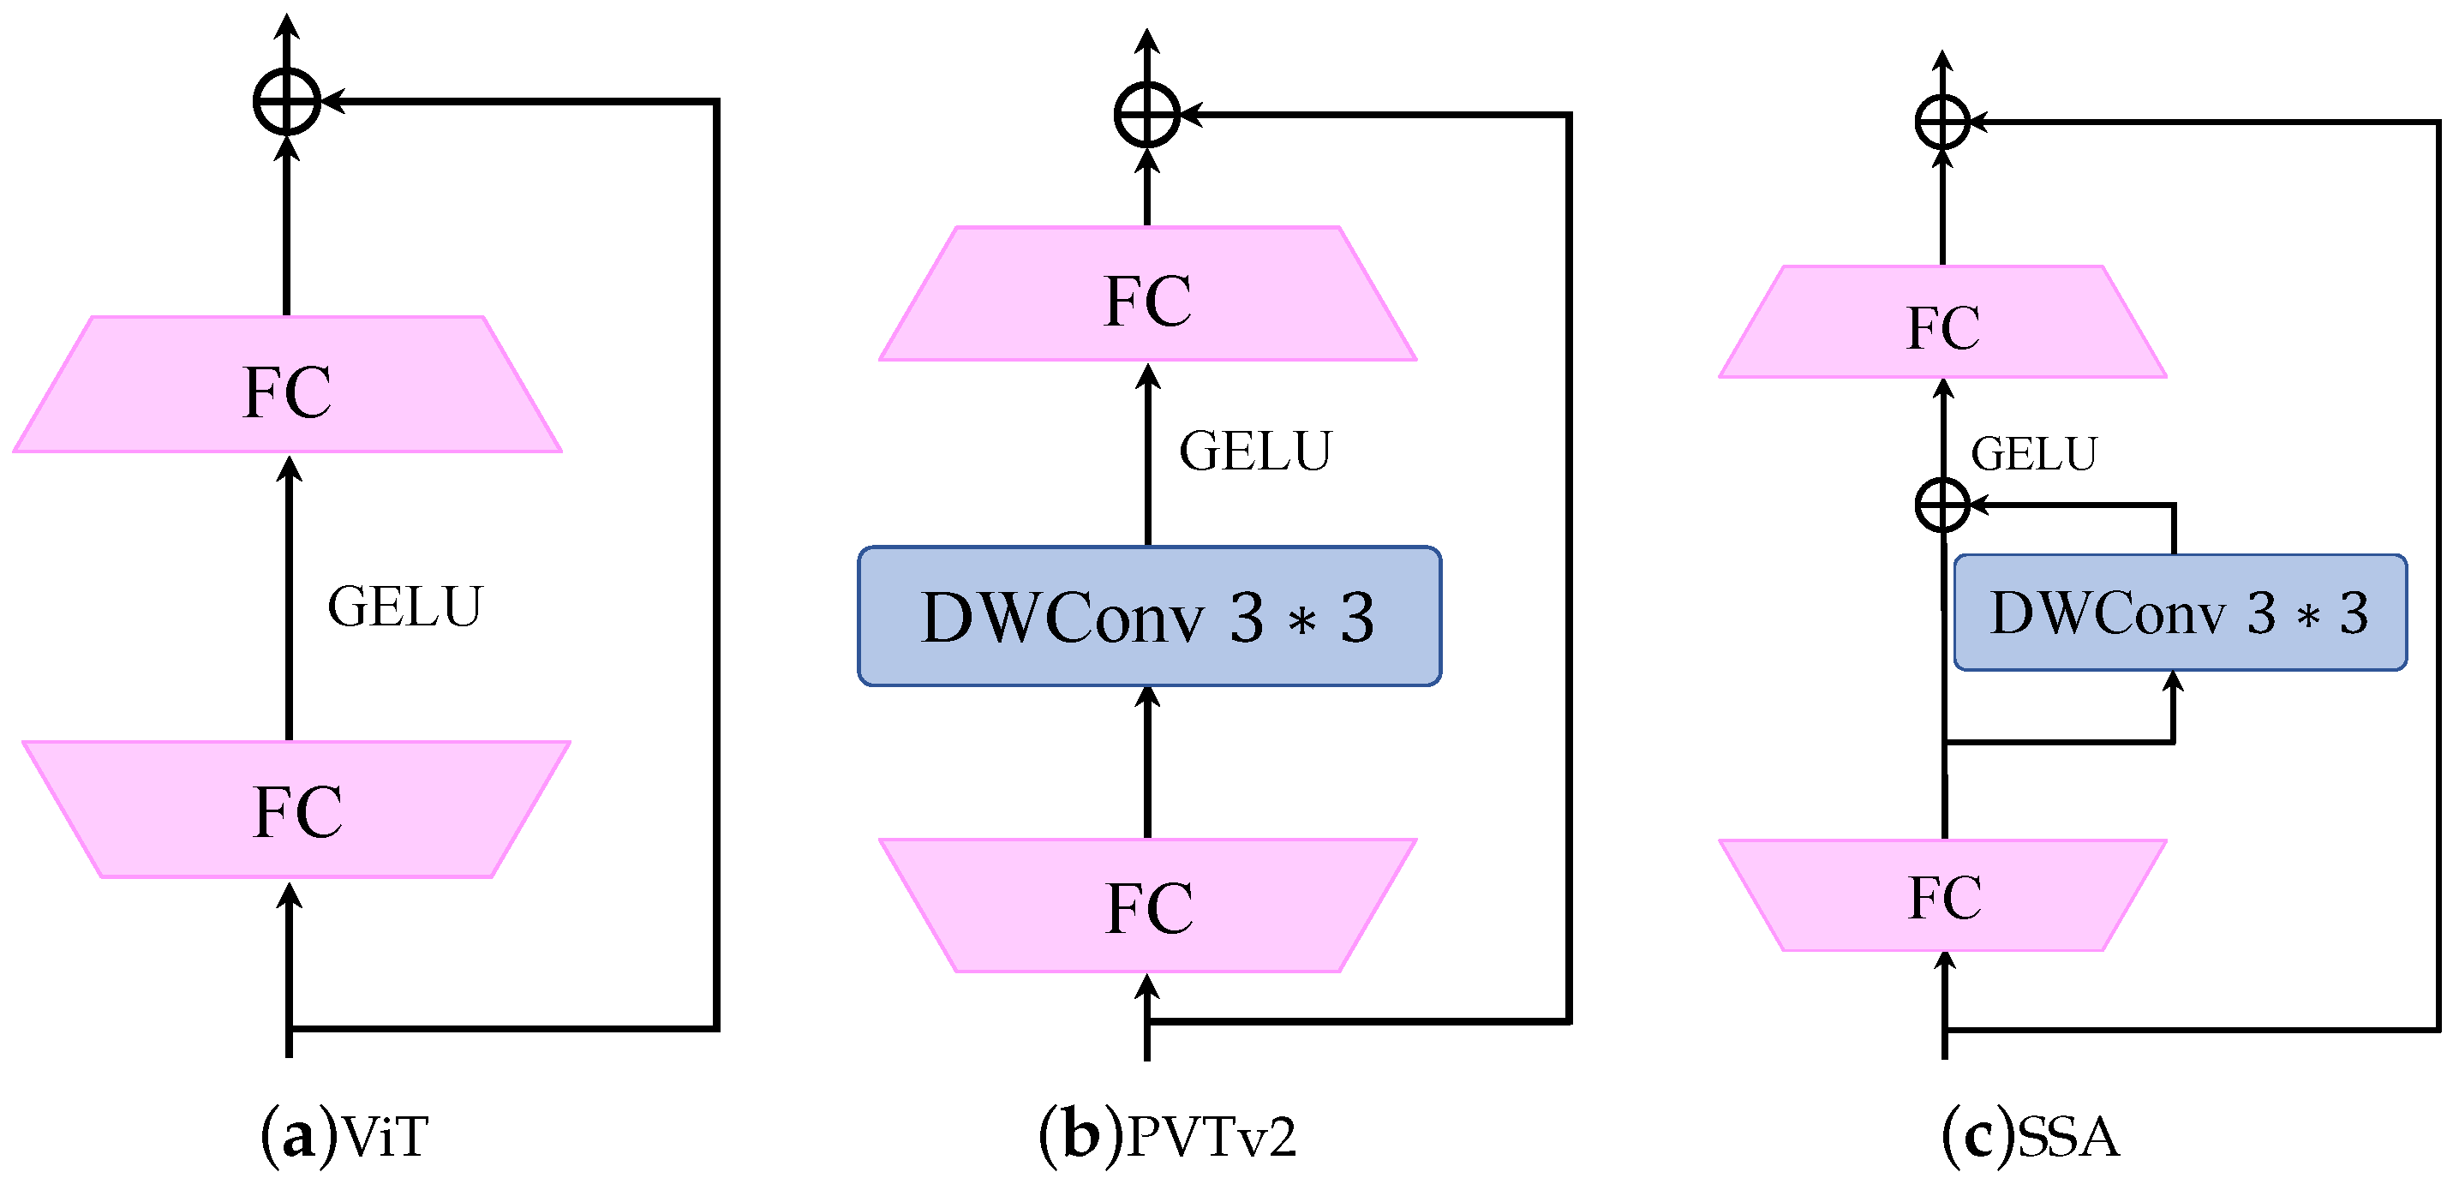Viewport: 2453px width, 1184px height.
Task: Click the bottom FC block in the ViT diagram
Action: pyautogui.click(x=296, y=810)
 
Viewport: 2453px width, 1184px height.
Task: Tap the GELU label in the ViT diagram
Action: pyautogui.click(x=405, y=607)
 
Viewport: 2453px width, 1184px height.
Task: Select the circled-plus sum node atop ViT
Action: pyautogui.click(x=287, y=101)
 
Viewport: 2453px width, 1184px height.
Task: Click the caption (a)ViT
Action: pyautogui.click(x=344, y=1135)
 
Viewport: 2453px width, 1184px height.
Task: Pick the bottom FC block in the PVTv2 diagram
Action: pyautogui.click(x=1147, y=906)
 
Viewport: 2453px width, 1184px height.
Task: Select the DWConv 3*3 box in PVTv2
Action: pyautogui.click(x=1148, y=616)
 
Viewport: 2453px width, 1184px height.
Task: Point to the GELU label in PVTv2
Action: pyautogui.click(x=1255, y=451)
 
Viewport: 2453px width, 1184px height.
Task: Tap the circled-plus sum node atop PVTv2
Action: pyautogui.click(x=1147, y=114)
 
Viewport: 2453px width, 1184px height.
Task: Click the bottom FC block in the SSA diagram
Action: pyautogui.click(x=1943, y=896)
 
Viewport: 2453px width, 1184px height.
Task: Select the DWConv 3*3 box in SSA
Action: pyautogui.click(x=2180, y=613)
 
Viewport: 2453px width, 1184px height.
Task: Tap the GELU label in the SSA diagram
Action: pyautogui.click(x=2034, y=453)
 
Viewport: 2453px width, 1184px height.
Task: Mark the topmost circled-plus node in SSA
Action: pyautogui.click(x=1942, y=122)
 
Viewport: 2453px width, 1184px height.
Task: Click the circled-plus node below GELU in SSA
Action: pyautogui.click(x=1942, y=504)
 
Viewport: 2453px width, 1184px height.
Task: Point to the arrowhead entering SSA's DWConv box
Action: pyautogui.click(x=2173, y=682)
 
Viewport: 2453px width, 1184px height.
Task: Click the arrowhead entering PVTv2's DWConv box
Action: pyautogui.click(x=1148, y=697)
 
